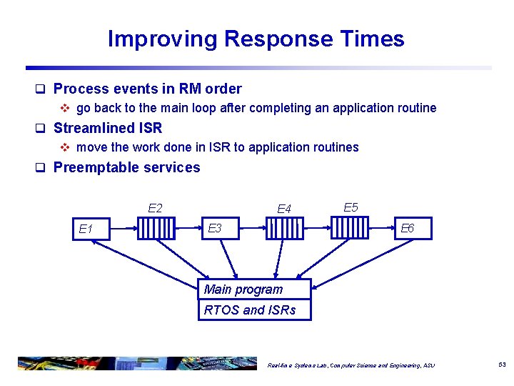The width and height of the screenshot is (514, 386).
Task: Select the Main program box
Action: click(x=254, y=289)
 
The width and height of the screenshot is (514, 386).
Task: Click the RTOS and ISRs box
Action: click(x=254, y=310)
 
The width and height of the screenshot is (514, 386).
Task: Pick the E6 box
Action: click(x=411, y=229)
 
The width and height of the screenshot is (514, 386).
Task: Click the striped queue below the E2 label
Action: click(x=156, y=229)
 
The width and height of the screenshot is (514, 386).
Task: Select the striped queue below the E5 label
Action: click(x=349, y=229)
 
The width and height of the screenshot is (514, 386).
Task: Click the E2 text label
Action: click(x=155, y=209)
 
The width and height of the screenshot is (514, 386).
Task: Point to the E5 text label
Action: click(x=351, y=207)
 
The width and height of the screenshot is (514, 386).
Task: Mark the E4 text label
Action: click(x=284, y=209)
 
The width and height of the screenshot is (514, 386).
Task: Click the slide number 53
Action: click(x=502, y=365)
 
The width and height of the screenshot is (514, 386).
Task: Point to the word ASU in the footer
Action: click(x=428, y=365)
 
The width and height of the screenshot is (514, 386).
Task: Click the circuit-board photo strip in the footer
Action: click(x=136, y=363)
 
